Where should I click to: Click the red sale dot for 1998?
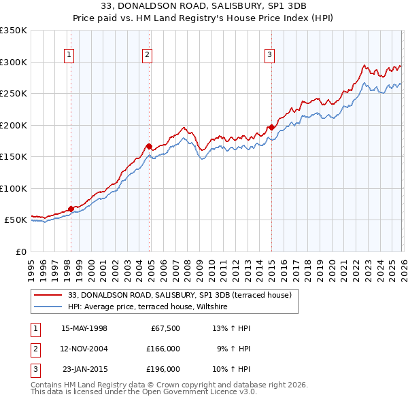click(x=71, y=209)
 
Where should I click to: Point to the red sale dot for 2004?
click(x=149, y=146)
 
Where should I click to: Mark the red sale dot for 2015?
click(x=271, y=127)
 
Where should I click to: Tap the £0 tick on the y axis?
click(x=19, y=251)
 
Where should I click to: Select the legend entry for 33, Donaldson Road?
click(x=180, y=295)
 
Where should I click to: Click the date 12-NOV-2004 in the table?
click(x=84, y=349)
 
